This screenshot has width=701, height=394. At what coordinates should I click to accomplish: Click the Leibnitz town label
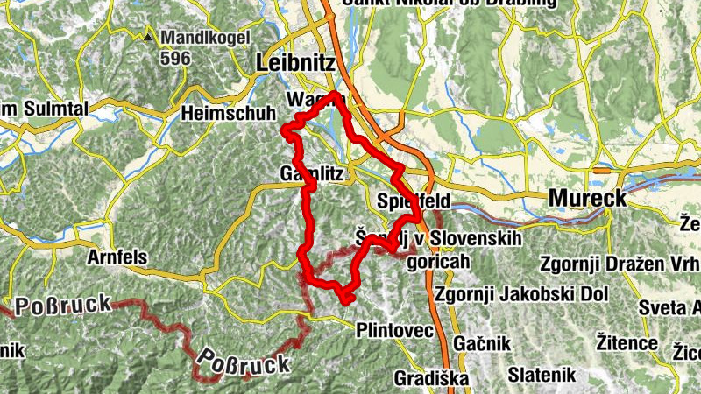pyautogui.click(x=294, y=63)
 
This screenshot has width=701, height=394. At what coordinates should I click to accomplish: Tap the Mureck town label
pyautogui.click(x=587, y=199)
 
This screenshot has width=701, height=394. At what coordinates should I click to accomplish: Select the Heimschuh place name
pyautogui.click(x=228, y=114)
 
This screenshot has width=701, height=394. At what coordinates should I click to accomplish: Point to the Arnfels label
pyautogui.click(x=118, y=258)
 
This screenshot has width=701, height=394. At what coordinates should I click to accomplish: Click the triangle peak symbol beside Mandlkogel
pyautogui.click(x=150, y=39)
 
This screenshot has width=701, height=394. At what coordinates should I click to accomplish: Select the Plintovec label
pyautogui.click(x=395, y=330)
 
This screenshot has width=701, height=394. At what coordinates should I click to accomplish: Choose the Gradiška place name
pyautogui.click(x=431, y=378)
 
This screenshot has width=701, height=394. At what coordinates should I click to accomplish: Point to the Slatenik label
pyautogui.click(x=545, y=375)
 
